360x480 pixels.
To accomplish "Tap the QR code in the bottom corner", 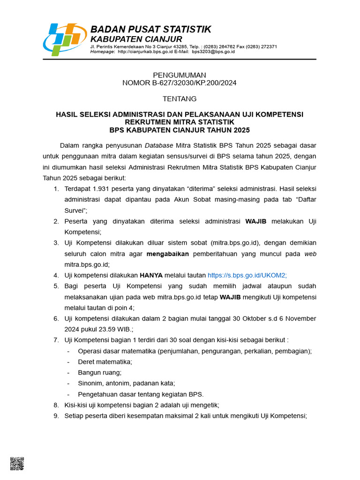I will click(x=17, y=464).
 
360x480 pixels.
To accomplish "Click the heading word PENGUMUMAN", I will click(x=180, y=75).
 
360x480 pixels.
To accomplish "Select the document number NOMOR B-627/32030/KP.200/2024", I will click(x=180, y=83).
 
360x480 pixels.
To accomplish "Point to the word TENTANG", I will click(x=180, y=99).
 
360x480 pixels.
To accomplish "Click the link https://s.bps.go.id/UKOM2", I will click(x=247, y=275).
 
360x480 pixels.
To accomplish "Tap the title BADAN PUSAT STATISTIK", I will click(x=150, y=30).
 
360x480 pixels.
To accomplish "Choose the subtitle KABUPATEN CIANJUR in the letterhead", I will click(x=136, y=39).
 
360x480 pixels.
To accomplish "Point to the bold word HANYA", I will click(x=151, y=275).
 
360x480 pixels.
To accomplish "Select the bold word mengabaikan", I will click(x=167, y=254).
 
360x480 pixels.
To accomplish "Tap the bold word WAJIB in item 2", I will click(x=256, y=221).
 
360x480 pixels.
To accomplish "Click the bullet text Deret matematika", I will click(x=105, y=361).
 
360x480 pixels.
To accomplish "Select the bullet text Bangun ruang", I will click(x=99, y=372).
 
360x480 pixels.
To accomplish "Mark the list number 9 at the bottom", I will click(x=55, y=415).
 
